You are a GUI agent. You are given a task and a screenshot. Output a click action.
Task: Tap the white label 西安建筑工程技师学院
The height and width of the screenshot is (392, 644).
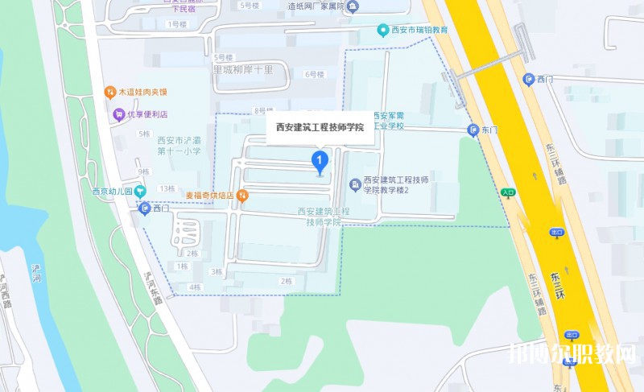pos(320,127)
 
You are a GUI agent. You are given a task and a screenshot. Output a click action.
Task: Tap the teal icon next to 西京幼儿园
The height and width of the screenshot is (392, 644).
pos(141,192)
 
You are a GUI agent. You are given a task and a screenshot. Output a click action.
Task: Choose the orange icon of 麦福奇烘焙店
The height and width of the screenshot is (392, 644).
pos(242,195)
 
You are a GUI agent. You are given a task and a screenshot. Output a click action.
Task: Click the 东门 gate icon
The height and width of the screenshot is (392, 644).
pos(473,130)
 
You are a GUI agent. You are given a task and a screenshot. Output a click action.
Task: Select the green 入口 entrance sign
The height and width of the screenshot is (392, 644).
pos(508,192)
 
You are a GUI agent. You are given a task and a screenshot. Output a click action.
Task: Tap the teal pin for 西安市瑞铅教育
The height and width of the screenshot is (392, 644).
pos(384,31)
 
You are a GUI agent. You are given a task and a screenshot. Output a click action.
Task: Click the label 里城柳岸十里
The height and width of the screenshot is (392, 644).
pos(242,70)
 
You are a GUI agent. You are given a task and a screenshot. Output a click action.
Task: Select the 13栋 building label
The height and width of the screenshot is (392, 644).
pos(167,188)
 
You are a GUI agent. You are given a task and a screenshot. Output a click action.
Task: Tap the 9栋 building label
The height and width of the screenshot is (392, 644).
pos(143,171)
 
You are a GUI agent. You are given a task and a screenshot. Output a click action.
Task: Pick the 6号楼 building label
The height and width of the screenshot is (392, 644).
pos(313,74)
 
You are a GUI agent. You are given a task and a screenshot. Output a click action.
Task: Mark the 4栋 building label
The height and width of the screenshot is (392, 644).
pos(194,287)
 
